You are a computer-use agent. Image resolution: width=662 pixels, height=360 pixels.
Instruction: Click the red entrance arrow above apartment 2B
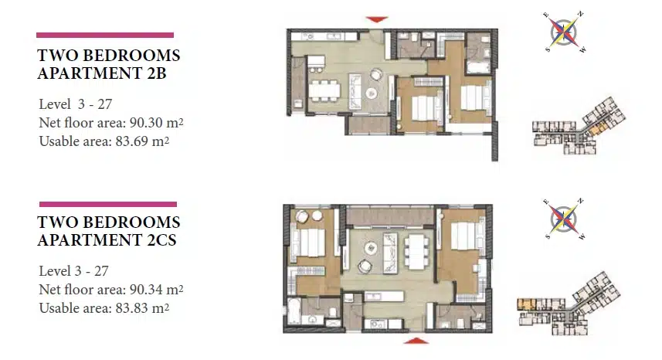[x=377, y=19]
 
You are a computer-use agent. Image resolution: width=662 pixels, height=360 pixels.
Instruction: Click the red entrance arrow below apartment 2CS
[x=416, y=341]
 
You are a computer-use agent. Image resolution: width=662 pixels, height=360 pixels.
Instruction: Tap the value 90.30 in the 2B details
[x=146, y=123]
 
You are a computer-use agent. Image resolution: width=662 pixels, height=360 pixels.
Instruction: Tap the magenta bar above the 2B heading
[x=105, y=35]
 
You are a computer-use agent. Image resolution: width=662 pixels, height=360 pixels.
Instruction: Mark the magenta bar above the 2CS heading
[x=108, y=204]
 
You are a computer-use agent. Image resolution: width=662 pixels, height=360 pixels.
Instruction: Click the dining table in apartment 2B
[x=324, y=90]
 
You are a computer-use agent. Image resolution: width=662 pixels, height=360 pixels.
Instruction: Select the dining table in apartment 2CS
[x=416, y=252]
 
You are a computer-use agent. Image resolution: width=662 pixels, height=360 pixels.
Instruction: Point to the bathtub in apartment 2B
[x=477, y=67]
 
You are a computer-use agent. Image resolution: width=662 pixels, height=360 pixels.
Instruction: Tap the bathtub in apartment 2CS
[x=294, y=311]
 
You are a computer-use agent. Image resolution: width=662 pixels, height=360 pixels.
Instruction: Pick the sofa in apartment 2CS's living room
[x=389, y=253]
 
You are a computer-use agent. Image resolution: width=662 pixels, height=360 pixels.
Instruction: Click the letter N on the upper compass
[x=581, y=15]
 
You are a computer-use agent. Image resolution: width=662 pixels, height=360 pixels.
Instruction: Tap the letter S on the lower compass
[x=548, y=236]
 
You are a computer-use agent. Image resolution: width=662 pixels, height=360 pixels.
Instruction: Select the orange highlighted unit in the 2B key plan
[x=597, y=129]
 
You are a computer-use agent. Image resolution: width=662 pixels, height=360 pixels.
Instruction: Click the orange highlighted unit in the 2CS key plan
[x=525, y=303]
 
